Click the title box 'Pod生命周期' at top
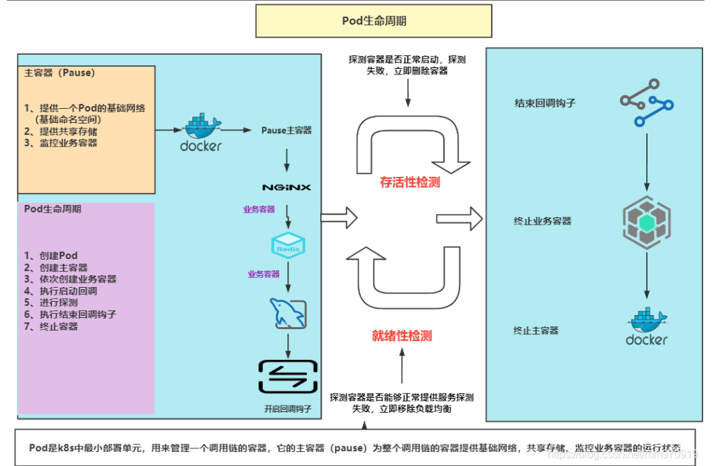pyautogui.click(x=374, y=21)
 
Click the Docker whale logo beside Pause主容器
pyautogui.click(x=201, y=132)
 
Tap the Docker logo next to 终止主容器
pyautogui.click(x=646, y=326)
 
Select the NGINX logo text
pyautogui.click(x=287, y=187)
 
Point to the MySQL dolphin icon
pyautogui.click(x=287, y=313)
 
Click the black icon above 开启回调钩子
pyautogui.click(x=287, y=376)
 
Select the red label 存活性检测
pyautogui.click(x=410, y=182)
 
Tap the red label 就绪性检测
pyautogui.click(x=402, y=335)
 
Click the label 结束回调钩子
pyautogui.click(x=545, y=103)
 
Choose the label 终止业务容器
pyautogui.click(x=542, y=221)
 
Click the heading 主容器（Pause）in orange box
pyautogui.click(x=60, y=72)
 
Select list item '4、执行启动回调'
pyautogui.click(x=60, y=291)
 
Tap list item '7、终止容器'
pyautogui.click(x=51, y=326)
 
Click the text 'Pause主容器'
pyautogui.click(x=287, y=131)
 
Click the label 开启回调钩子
pyautogui.click(x=287, y=408)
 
